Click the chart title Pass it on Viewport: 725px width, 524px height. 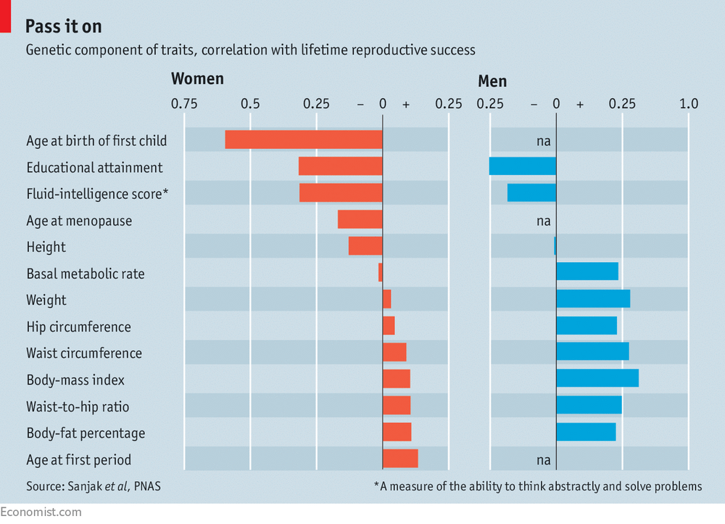[63, 26]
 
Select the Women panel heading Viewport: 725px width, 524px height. [197, 78]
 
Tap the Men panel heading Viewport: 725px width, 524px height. [492, 81]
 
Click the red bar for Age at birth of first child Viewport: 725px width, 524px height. [304, 139]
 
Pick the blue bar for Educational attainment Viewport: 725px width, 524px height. [523, 166]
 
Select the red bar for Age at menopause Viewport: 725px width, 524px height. [360, 219]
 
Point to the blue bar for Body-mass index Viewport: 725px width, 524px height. [597, 378]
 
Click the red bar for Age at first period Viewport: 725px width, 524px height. [400, 458]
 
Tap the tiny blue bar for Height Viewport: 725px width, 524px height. [555, 246]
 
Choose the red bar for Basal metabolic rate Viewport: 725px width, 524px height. [381, 272]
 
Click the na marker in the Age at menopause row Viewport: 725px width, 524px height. [544, 221]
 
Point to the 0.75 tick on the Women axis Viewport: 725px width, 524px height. [184, 104]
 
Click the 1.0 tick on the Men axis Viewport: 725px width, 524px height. [689, 104]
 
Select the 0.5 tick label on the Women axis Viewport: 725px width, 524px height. [250, 104]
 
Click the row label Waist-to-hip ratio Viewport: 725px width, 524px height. [78, 406]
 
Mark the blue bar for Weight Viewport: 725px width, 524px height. [593, 299]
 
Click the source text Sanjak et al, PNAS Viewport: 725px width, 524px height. [115, 486]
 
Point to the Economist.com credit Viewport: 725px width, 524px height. [41, 512]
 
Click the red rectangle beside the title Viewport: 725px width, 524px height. [5, 16]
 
